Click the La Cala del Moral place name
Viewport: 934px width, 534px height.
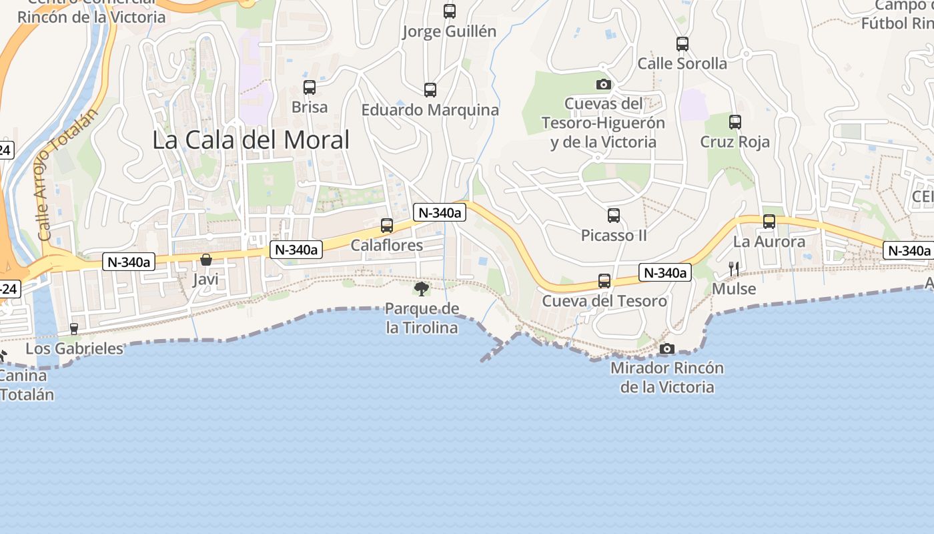point(251,140)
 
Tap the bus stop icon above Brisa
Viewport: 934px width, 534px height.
point(310,87)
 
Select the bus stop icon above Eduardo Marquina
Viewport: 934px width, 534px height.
point(430,89)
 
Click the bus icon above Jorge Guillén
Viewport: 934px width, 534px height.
point(450,11)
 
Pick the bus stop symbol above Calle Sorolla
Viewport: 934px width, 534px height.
point(682,44)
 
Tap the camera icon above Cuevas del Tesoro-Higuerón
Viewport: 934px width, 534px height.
point(603,84)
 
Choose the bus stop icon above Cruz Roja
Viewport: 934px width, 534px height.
point(735,122)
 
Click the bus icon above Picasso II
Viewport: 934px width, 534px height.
point(614,216)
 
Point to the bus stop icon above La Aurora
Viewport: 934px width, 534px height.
point(769,222)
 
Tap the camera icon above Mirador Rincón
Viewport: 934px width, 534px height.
point(666,348)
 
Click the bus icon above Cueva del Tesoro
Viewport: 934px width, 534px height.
point(604,281)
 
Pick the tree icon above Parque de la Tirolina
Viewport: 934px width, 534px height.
point(422,288)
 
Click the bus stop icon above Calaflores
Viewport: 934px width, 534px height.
point(387,226)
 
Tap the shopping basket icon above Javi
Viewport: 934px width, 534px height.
point(206,259)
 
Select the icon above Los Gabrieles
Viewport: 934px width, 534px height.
point(74,328)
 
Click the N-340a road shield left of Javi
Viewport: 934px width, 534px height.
point(129,262)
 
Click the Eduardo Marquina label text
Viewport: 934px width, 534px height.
point(430,110)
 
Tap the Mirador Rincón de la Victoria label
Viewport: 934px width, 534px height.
point(667,377)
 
